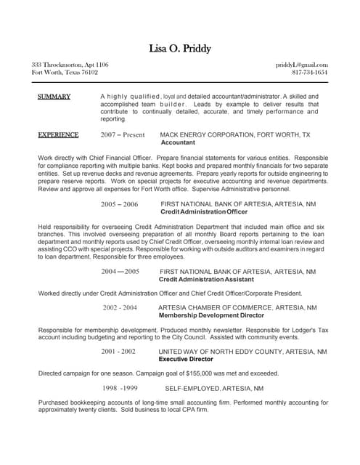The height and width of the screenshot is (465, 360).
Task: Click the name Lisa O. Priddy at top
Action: pos(180,49)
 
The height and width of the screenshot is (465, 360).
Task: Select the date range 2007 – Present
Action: pos(123,135)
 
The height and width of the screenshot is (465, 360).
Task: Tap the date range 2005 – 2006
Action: pos(119,205)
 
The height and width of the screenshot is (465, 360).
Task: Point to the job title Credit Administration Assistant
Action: pos(206,280)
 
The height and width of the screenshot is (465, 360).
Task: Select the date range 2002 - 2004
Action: pos(120,308)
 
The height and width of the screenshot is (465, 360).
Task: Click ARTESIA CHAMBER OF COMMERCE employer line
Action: pos(237,308)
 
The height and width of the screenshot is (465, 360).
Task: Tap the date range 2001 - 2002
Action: pos(118,352)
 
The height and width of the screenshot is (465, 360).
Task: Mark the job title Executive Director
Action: pos(186,360)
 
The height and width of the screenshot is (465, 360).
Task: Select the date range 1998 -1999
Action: pos(120,388)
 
